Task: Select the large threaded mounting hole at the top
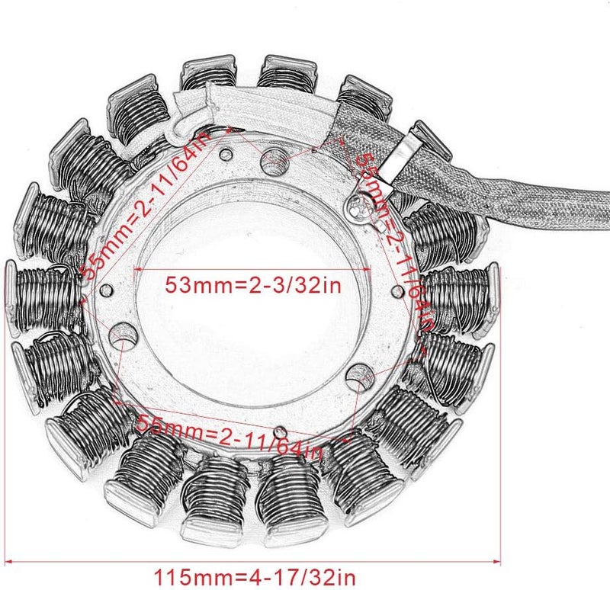(274, 161)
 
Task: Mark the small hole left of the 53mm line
(106, 290)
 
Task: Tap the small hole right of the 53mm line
(396, 289)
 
